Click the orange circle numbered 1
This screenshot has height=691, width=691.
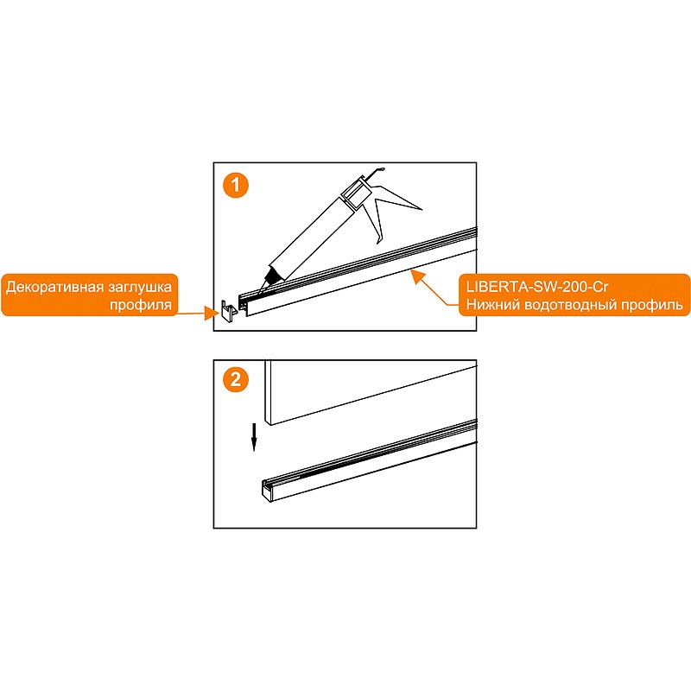point(236,185)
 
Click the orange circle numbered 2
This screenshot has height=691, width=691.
point(236,379)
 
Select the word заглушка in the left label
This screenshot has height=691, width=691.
point(138,288)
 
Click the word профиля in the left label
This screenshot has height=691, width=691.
point(141,305)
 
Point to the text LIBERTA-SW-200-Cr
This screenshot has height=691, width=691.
point(537,287)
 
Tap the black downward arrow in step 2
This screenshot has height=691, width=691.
point(254,437)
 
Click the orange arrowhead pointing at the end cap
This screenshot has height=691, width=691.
point(212,314)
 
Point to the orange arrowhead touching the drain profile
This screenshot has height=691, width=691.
point(417,276)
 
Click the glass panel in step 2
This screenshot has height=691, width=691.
point(371,392)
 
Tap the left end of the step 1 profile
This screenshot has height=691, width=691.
point(244,305)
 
